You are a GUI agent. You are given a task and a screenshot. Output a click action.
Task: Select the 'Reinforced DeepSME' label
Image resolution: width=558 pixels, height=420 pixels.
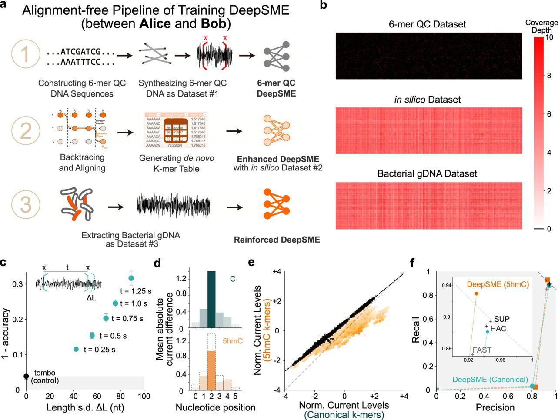(277, 240)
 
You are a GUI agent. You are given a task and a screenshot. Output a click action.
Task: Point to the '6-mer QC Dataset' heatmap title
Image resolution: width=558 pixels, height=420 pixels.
(427, 24)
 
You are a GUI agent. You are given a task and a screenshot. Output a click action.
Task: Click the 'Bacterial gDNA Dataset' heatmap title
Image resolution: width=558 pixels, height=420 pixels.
(427, 174)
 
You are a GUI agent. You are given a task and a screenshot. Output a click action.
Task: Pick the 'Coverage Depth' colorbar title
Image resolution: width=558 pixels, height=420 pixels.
(541, 26)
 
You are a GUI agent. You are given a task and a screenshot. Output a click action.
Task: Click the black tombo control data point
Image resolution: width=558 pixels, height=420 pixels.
(26, 376)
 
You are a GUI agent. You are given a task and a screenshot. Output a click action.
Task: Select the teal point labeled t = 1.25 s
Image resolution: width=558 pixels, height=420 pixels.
(131, 278)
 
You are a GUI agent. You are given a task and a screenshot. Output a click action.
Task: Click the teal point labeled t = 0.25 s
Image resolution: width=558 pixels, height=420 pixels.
(76, 349)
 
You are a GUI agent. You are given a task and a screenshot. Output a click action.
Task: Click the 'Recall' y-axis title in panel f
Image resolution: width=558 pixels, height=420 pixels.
(417, 330)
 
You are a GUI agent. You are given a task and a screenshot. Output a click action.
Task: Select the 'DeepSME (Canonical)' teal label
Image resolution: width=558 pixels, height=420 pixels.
(490, 380)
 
